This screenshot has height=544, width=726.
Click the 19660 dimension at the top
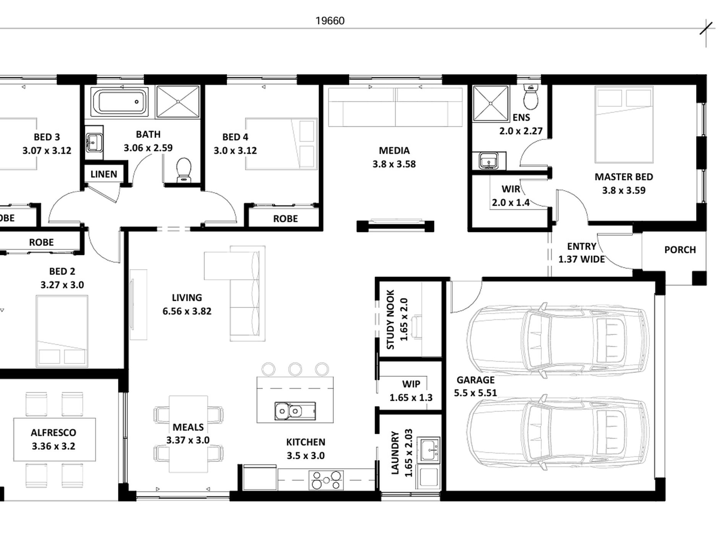(x=330, y=21)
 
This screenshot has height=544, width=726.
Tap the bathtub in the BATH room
(x=119, y=102)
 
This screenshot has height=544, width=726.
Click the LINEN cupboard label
(x=104, y=174)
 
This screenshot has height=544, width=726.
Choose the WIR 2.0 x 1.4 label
(x=510, y=195)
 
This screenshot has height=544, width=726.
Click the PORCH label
(x=680, y=250)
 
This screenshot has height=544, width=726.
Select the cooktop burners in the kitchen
(x=326, y=480)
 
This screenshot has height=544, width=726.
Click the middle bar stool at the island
(x=295, y=369)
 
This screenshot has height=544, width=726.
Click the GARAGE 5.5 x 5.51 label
(x=475, y=386)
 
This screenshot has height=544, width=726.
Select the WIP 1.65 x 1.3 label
(x=411, y=391)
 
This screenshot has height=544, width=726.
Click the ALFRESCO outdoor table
(x=54, y=439)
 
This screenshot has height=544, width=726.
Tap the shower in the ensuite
(x=491, y=103)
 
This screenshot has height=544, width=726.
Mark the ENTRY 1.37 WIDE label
(x=582, y=253)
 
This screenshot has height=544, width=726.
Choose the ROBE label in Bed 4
(x=285, y=219)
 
